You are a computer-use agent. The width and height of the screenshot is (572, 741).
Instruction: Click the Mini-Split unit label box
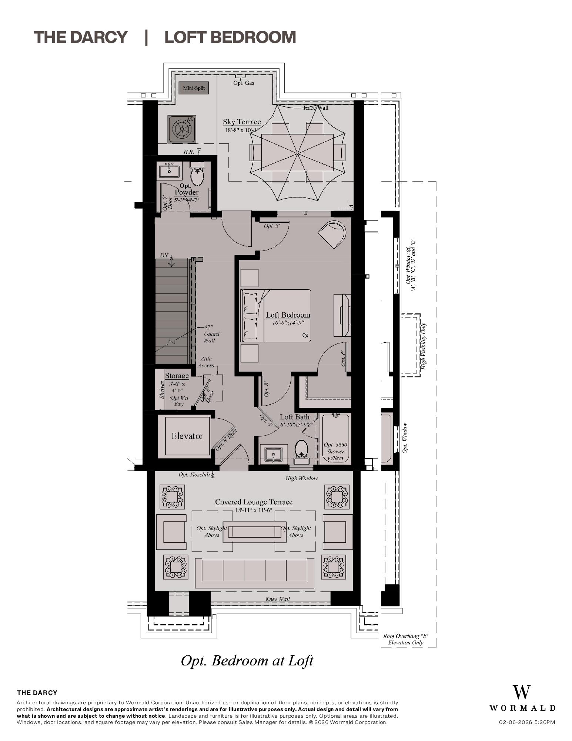pos(194,88)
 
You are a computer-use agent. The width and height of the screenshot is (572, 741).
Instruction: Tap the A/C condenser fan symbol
pos(181,129)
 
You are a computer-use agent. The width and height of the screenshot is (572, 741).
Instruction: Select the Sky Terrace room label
pos(242,122)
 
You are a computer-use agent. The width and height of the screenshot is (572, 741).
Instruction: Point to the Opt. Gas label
pos(244,83)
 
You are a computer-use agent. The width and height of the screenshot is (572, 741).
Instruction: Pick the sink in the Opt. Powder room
pos(169,171)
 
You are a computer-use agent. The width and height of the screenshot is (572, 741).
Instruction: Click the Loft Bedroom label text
pos(288,315)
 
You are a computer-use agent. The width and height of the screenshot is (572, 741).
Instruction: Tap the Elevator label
pos(187,436)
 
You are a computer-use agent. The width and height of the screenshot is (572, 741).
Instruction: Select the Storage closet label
pos(177,376)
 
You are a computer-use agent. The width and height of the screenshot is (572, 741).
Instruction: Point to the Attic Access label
pos(206,362)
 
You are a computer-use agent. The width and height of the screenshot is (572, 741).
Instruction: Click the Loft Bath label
pos(294,417)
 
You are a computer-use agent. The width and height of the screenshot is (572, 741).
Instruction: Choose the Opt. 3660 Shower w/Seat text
pos(335,451)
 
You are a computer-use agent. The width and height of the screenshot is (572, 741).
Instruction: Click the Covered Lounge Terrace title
pos(254,502)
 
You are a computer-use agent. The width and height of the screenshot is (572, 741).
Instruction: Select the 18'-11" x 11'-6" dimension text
pos(254,510)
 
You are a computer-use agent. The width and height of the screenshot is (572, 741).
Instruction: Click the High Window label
pos(301,478)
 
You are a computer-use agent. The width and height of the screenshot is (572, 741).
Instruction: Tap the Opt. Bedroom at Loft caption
pos(247,661)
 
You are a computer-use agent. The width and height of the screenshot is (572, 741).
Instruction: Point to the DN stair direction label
pos(164,256)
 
